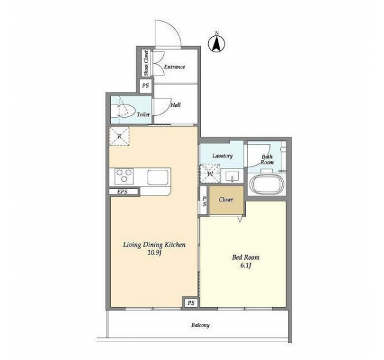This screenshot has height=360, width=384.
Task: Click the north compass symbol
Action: [217, 43]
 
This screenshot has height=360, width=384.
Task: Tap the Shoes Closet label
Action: [146, 62]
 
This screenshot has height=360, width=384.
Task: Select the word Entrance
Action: [175, 67]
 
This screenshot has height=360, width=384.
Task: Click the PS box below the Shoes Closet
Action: [146, 86]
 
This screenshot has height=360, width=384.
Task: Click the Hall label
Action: [175, 105]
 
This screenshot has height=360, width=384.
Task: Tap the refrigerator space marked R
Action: [119, 136]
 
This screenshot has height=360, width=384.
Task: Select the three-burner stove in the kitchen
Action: [124, 176]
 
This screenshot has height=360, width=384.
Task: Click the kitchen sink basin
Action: [158, 178]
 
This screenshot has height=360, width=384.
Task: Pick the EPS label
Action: [122, 191]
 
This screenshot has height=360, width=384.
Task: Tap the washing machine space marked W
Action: [210, 174]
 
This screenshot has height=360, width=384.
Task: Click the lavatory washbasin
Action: [232, 176]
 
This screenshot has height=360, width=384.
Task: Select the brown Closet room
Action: [226, 200]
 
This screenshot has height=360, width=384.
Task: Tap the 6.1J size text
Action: [245, 265]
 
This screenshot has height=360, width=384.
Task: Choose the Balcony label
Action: [200, 325]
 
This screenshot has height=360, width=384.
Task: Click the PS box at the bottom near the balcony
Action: [191, 303]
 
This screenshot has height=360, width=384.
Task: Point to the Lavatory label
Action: [223, 156]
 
